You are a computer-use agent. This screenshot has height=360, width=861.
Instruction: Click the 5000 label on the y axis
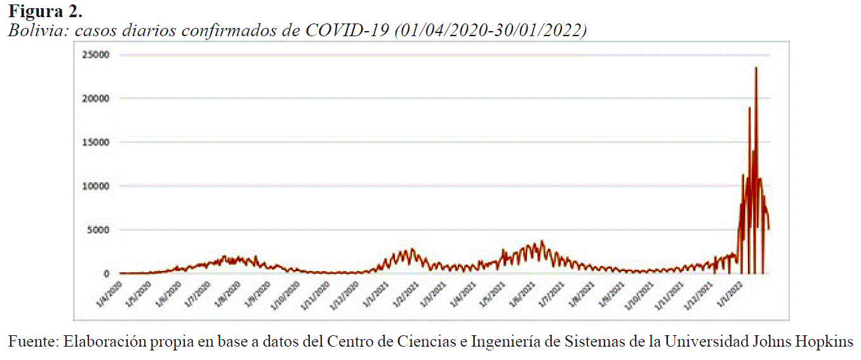[100, 230]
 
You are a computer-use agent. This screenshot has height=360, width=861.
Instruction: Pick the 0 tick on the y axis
[106, 274]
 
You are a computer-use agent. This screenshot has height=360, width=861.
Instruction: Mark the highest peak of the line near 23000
[756, 68]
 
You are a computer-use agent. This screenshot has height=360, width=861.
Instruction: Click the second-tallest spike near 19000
[749, 108]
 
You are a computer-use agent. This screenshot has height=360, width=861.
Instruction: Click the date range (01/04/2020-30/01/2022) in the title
[490, 30]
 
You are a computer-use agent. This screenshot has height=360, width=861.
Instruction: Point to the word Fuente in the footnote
[32, 342]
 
